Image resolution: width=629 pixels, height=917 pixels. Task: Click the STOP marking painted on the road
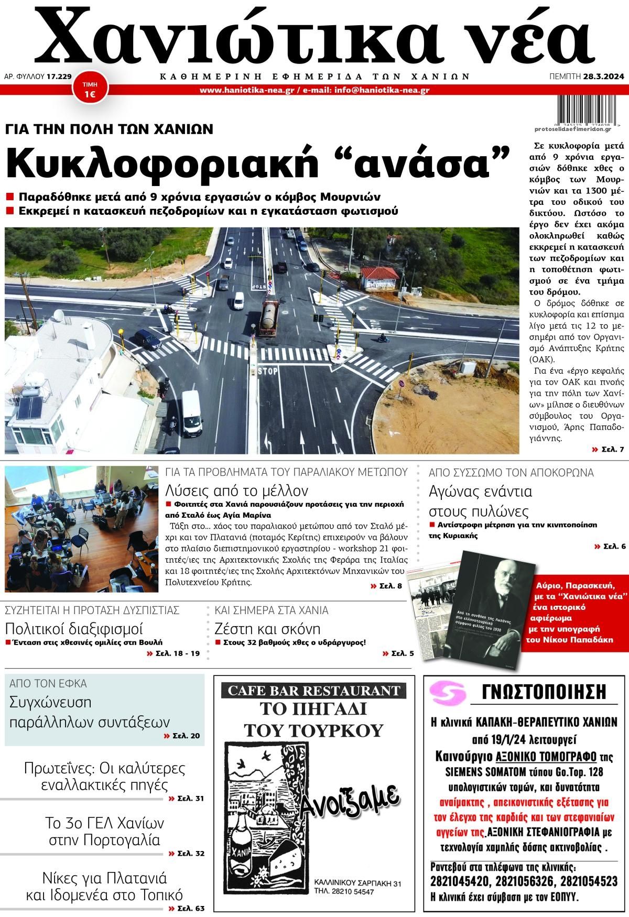click(x=267, y=372)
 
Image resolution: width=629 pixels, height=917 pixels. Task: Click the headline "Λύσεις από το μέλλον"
click(x=236, y=490)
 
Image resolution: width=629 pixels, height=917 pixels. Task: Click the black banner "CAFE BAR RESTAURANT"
click(x=314, y=690)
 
